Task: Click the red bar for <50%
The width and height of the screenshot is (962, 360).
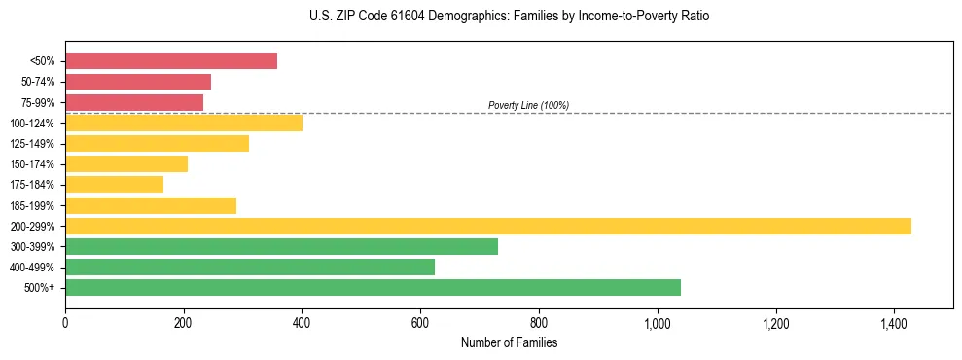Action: (x=171, y=61)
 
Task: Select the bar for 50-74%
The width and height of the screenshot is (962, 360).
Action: (x=138, y=82)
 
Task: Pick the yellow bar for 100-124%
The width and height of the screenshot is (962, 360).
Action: (x=184, y=123)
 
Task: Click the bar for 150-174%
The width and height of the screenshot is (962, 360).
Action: (x=126, y=164)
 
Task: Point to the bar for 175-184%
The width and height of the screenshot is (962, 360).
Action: (x=114, y=185)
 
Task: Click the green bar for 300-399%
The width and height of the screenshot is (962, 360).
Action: (x=281, y=246)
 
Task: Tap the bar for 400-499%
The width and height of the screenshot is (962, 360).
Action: (x=250, y=267)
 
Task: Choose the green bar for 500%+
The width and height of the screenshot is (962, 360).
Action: (x=373, y=287)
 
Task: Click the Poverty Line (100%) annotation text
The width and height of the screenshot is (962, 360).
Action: (x=528, y=105)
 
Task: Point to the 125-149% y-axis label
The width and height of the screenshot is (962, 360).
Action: (x=33, y=144)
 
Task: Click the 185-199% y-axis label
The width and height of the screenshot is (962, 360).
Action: (x=33, y=205)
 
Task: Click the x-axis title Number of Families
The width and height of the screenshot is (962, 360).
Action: (x=509, y=342)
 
